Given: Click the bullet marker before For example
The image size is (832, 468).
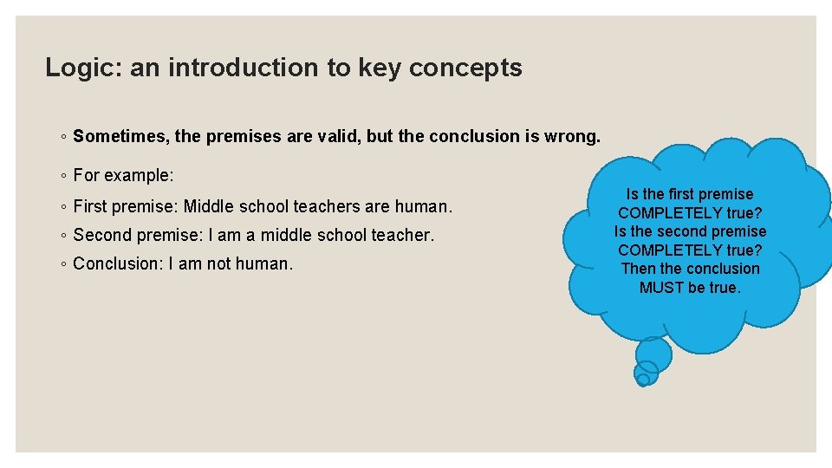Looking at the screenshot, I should pos(66,176).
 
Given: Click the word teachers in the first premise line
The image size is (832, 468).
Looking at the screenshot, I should pos(328,207).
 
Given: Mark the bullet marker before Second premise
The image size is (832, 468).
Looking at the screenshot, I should pos(66,236).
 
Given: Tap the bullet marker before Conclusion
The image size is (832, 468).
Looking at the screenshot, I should pos(66,263).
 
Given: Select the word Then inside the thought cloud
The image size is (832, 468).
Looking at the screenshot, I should pos(639,269).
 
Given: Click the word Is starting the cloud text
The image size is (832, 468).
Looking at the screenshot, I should pos(632,194).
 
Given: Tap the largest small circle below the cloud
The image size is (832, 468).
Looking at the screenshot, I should pos(653,354).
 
